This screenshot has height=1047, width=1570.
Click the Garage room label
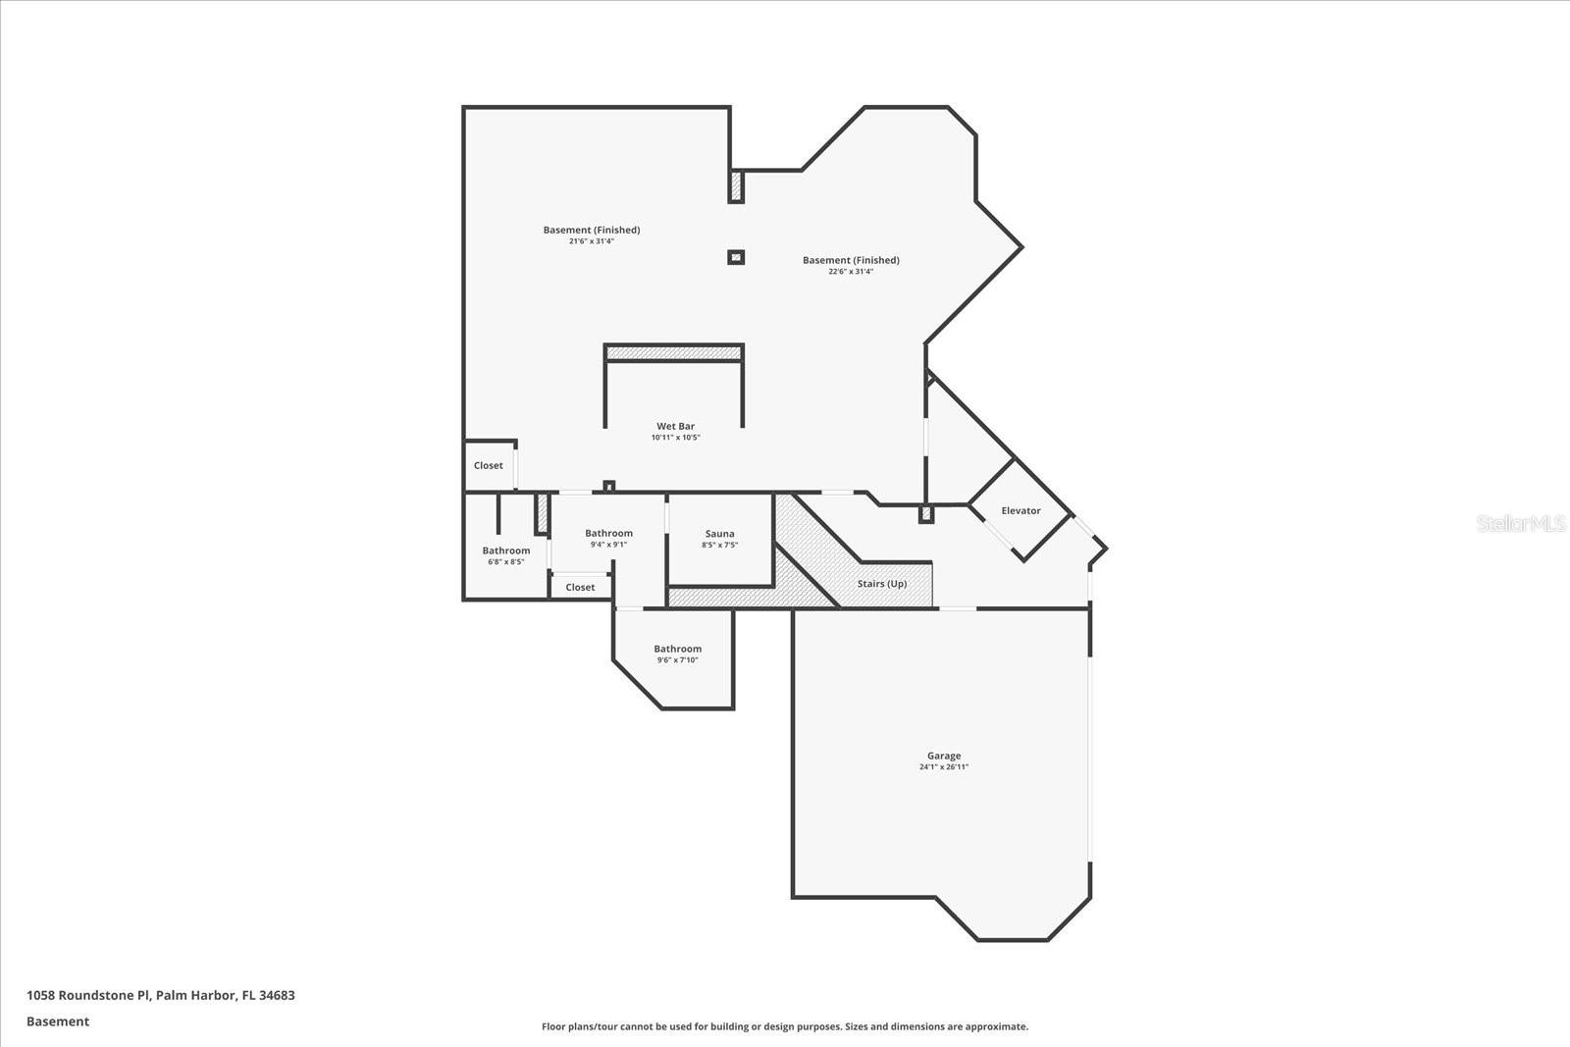(x=943, y=756)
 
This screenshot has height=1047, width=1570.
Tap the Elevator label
(x=1020, y=511)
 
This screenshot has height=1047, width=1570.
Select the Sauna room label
(x=720, y=534)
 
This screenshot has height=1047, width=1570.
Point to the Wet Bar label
(x=676, y=426)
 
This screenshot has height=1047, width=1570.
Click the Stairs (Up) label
(x=882, y=584)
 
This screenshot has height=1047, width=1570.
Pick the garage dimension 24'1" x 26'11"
(x=943, y=766)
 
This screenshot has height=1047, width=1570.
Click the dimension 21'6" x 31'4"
(x=592, y=241)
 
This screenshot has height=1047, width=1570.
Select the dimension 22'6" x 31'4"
(x=851, y=271)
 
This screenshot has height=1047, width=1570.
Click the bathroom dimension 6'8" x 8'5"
(x=506, y=562)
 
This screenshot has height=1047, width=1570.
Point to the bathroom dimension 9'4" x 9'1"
(x=608, y=545)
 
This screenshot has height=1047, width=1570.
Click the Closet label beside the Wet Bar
(x=488, y=465)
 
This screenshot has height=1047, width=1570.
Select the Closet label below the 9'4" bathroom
(x=580, y=587)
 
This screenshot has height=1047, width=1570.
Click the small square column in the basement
(x=735, y=258)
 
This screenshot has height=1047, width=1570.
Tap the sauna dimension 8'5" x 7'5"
(x=720, y=546)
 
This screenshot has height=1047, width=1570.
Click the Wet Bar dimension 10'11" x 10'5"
(x=676, y=438)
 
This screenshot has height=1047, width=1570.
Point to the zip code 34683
(x=277, y=995)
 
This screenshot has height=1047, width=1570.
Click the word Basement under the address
(x=58, y=1021)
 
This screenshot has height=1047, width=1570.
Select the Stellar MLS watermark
(x=1521, y=523)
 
